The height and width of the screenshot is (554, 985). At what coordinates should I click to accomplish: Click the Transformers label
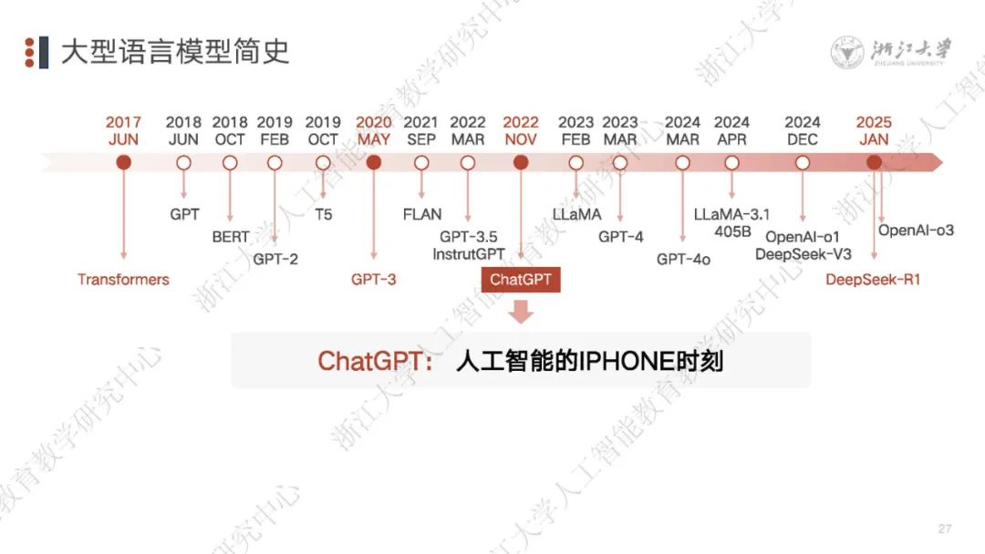click(x=123, y=280)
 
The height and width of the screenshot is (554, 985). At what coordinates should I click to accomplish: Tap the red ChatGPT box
click(x=521, y=280)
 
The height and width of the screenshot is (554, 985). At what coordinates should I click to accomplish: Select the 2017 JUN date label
click(x=123, y=131)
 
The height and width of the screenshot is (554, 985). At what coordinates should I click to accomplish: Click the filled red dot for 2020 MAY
click(x=373, y=163)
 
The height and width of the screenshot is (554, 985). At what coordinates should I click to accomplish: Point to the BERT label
click(x=230, y=237)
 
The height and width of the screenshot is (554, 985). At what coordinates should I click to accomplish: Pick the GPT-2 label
click(x=275, y=259)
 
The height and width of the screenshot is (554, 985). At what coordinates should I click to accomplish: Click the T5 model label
click(x=323, y=215)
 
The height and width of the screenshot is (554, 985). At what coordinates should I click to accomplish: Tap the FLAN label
click(x=421, y=215)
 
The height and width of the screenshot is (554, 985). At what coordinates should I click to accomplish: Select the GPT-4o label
click(x=683, y=259)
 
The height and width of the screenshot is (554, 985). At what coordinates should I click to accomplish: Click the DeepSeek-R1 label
click(x=873, y=280)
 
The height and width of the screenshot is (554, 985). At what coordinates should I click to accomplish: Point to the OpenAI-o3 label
click(x=916, y=231)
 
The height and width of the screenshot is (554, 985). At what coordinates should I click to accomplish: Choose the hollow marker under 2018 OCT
click(x=230, y=163)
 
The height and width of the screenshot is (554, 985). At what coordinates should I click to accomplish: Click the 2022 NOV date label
click(x=521, y=131)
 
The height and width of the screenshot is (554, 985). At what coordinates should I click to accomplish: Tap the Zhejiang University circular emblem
click(x=847, y=52)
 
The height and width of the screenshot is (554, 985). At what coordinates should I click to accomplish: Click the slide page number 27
click(x=944, y=529)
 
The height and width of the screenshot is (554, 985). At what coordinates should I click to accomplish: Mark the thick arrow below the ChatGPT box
click(x=521, y=313)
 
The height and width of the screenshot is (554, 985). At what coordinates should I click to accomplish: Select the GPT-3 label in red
click(x=373, y=280)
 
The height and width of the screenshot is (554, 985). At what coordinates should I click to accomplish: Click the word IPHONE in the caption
click(x=625, y=361)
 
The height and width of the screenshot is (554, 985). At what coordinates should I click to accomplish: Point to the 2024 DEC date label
click(x=803, y=131)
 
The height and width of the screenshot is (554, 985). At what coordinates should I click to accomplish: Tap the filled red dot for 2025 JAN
click(x=874, y=163)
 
